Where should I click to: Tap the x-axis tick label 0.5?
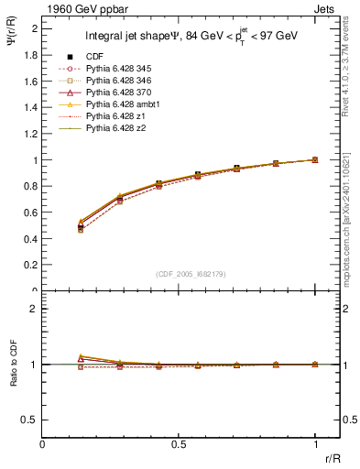point(179,443)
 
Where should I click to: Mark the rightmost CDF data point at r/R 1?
point(315,159)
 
